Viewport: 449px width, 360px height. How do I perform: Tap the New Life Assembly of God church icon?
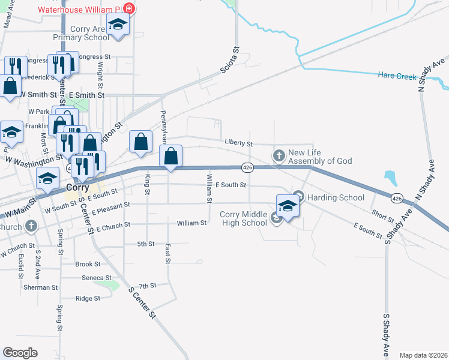pos(279,156)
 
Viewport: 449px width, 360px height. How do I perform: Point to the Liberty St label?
pos(239,143)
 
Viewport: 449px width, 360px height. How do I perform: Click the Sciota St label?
pos(228,60)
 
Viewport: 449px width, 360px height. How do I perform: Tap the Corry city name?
pos(77,187)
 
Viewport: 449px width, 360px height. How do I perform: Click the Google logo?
pos(20,353)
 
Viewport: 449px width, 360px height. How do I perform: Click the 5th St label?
pos(146,244)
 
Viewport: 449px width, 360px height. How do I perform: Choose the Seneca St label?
pos(97,278)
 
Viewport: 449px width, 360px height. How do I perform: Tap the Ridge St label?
pos(88,298)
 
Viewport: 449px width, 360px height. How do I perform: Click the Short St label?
pos(382,214)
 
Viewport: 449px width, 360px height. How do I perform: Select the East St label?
pos(168,253)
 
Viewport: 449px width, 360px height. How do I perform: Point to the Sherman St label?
pos(41,287)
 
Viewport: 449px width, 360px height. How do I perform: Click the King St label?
pos(147,184)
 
